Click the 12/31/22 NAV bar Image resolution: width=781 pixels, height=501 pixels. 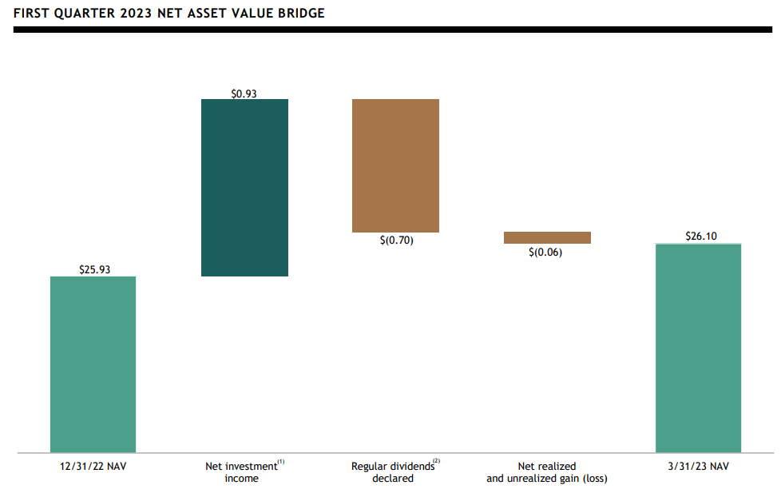click(93, 364)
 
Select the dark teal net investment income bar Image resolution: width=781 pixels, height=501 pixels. click(244, 188)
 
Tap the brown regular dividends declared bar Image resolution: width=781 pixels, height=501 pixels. click(395, 165)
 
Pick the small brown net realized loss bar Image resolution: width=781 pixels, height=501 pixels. click(547, 237)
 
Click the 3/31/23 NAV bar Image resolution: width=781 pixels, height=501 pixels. click(698, 348)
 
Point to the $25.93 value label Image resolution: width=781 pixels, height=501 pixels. click(94, 270)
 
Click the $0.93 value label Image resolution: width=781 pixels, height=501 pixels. click(244, 93)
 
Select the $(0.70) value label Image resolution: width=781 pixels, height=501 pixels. click(396, 240)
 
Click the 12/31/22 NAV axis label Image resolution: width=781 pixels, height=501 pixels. click(93, 466)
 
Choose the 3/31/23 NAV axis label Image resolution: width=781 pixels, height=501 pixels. click(698, 466)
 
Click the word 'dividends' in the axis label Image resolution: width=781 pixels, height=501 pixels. click(410, 467)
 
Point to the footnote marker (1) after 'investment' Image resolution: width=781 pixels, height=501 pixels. click(281, 462)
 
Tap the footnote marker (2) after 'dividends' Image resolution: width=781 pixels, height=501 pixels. click(436, 462)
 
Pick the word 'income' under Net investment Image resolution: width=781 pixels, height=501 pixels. click(243, 479)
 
